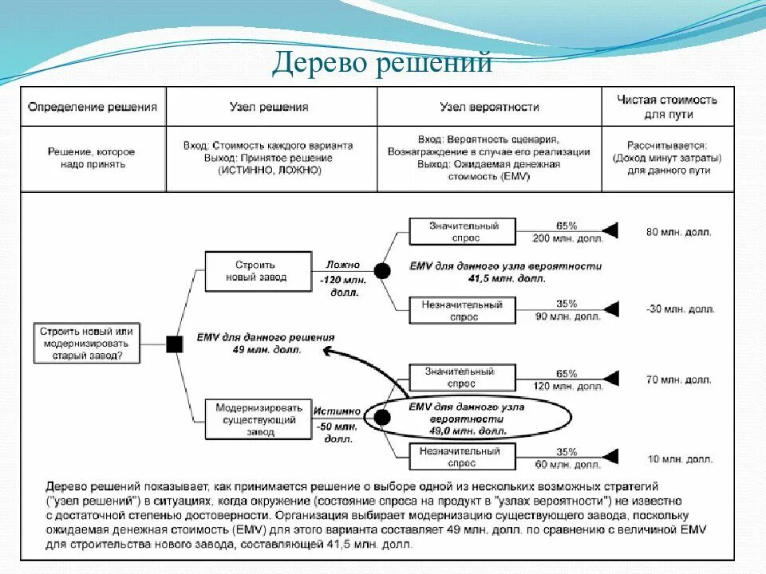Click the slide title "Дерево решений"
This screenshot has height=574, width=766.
[x=382, y=63]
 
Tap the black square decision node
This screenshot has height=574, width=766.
[x=174, y=344]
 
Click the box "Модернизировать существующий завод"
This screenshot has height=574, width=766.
[x=256, y=419]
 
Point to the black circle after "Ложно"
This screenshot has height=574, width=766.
[x=382, y=271]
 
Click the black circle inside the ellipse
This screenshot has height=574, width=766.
[x=382, y=417]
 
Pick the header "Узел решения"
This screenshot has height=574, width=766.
[x=271, y=107]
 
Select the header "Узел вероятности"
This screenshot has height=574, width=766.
[x=489, y=107]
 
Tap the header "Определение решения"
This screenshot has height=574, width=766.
[x=93, y=107]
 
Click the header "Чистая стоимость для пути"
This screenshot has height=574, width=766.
[x=667, y=107]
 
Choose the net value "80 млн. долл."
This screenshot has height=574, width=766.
[x=678, y=232]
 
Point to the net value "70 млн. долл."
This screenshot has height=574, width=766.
[x=678, y=380]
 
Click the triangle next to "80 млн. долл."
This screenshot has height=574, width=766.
[x=610, y=231]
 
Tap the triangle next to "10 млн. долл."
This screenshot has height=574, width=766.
[x=610, y=458]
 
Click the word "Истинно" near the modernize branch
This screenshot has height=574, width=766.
[x=337, y=412]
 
